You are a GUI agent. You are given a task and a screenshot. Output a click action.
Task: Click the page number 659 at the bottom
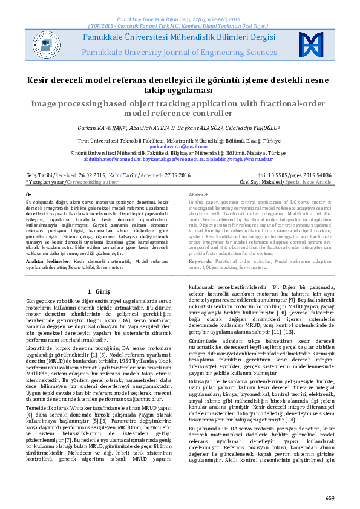pyautogui.click(x=329, y=498)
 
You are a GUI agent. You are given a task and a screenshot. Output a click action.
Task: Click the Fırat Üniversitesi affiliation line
pyautogui.click(x=179, y=140)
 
